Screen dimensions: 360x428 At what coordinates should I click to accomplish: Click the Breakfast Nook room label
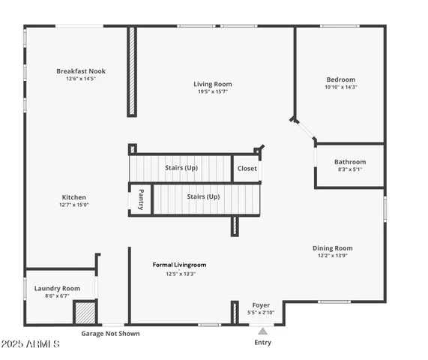point(81,71)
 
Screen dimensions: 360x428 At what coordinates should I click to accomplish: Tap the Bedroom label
point(340,79)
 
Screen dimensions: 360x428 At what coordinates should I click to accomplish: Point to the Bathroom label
point(350,162)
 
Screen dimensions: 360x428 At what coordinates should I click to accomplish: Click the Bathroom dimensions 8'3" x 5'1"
point(350,169)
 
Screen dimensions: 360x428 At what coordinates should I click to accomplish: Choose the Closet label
point(247,169)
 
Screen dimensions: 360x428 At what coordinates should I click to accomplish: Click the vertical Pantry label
point(140,199)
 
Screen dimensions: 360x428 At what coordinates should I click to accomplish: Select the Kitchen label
point(73,197)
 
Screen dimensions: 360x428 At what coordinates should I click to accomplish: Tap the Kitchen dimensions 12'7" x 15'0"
point(73,205)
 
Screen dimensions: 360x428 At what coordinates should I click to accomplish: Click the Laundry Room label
point(57,288)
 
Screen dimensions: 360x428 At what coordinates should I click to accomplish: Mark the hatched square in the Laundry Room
point(85,312)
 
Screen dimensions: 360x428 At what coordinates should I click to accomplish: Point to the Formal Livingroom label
point(179,265)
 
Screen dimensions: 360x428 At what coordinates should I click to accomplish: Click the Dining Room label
point(332,248)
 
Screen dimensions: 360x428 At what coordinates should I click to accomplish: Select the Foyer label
point(261,305)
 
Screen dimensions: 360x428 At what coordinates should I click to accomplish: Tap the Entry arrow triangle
point(262,330)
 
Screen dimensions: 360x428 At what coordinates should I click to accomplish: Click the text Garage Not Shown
point(110,334)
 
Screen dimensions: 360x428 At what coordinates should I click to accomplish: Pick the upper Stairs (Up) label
point(181,168)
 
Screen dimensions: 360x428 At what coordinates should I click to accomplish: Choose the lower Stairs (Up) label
point(203,196)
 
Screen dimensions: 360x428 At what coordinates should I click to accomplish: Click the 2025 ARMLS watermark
point(31,343)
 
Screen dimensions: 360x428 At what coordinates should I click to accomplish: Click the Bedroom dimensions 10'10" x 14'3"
point(340,88)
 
